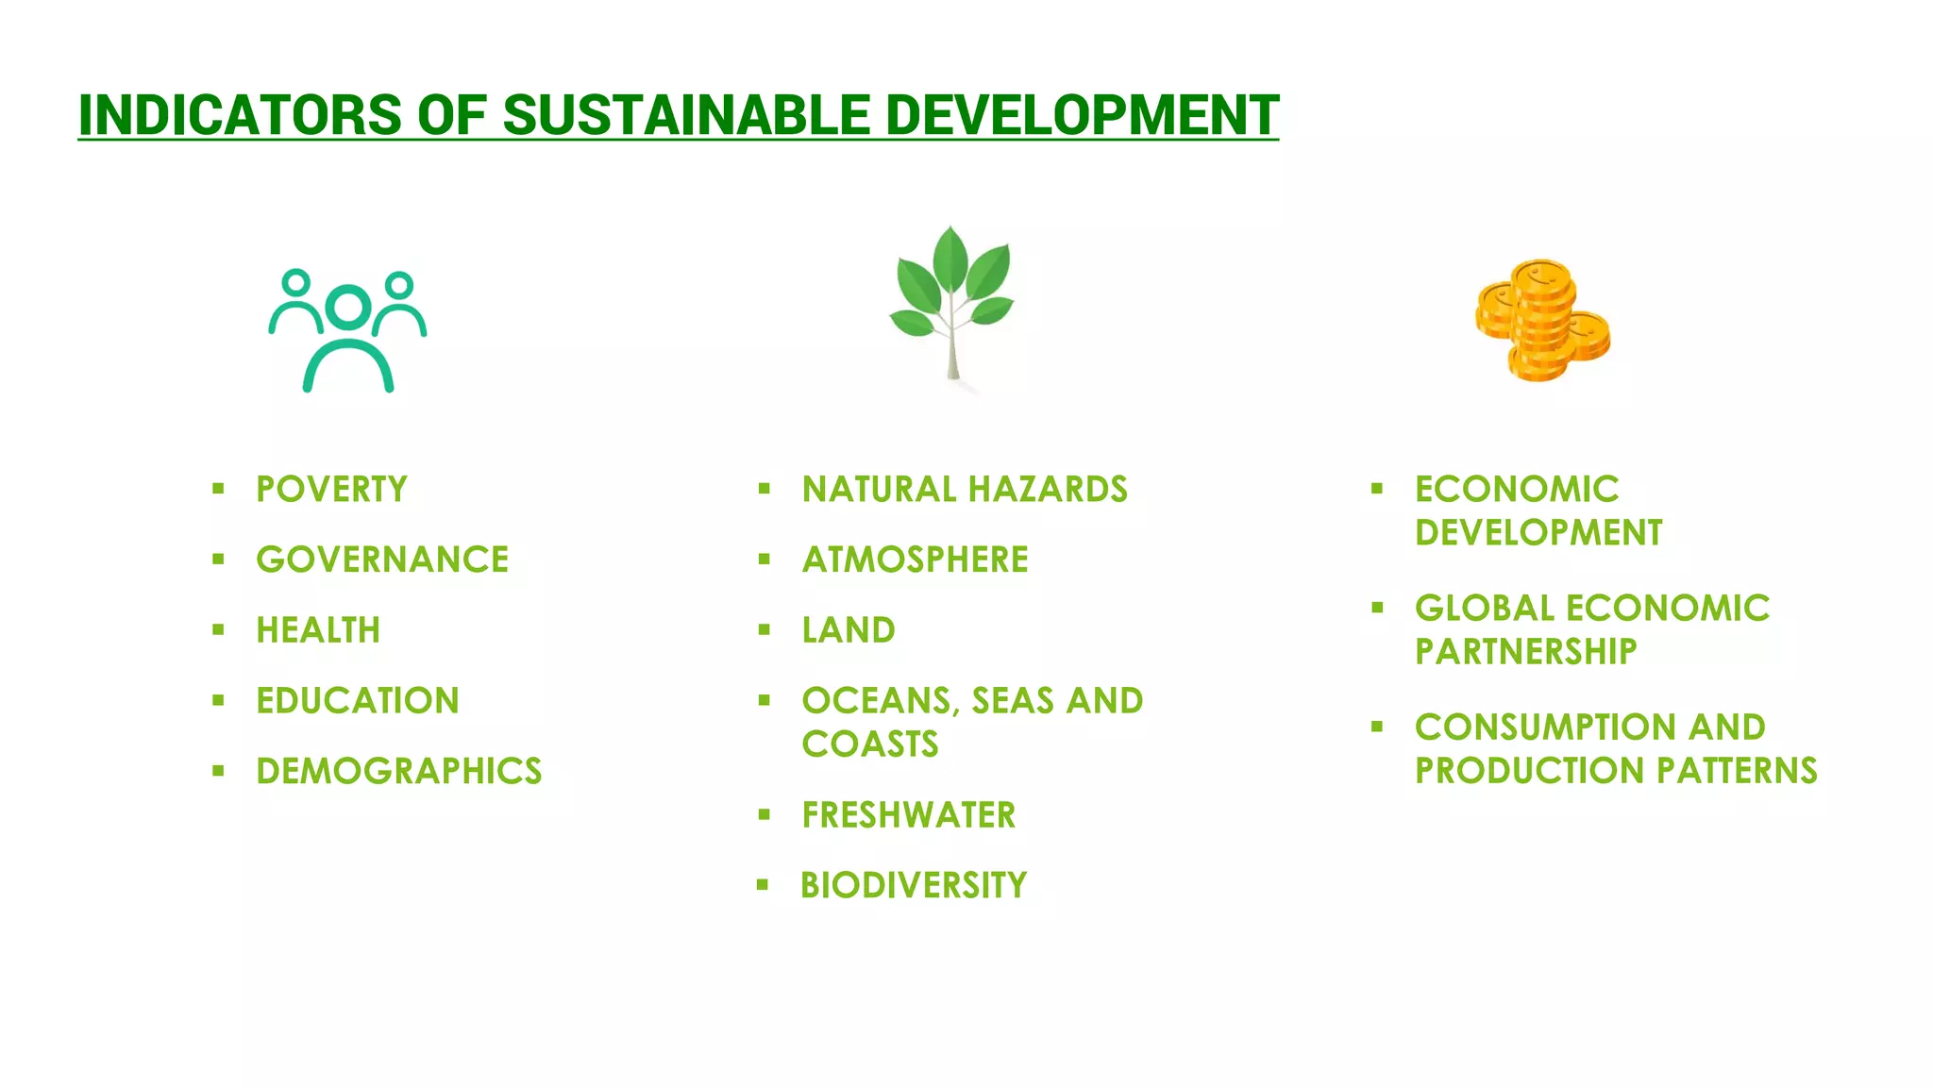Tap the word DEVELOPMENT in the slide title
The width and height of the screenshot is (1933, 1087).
(1081, 115)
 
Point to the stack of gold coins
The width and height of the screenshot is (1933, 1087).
(1542, 321)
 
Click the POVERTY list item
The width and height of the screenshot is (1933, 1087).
(331, 489)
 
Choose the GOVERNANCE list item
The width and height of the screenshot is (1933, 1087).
(382, 560)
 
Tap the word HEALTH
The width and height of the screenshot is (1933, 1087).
(318, 630)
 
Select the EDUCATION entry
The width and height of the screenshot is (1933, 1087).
(358, 701)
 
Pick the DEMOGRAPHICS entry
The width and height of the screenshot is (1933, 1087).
(399, 771)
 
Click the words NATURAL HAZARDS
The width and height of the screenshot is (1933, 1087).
(965, 489)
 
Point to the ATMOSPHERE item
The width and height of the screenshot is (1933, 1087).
(915, 560)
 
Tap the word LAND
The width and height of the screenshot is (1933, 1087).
(849, 630)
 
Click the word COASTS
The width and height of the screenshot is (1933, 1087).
(870, 744)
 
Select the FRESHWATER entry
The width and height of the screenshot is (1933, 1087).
(909, 815)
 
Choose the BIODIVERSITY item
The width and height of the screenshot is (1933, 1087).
(914, 885)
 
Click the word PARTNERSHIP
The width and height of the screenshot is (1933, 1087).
(1526, 651)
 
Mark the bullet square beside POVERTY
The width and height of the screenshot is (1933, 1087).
(218, 489)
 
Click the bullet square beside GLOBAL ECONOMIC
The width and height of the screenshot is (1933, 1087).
(1377, 608)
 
